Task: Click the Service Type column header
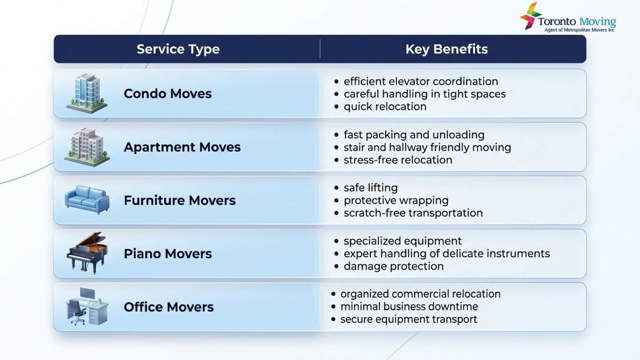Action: tap(178, 49)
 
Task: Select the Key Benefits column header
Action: tap(446, 49)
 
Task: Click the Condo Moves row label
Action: tap(168, 93)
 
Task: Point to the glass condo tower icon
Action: tap(87, 93)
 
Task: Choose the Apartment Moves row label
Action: tap(182, 147)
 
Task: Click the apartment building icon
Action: tap(87, 147)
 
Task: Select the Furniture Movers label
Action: tap(180, 200)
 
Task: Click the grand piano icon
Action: tap(87, 252)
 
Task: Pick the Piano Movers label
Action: tap(168, 254)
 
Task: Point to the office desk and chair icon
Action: tap(87, 306)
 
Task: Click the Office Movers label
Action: tap(168, 307)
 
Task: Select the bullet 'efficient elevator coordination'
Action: tap(420, 81)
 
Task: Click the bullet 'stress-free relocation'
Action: tap(398, 160)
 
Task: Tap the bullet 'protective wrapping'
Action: tap(396, 200)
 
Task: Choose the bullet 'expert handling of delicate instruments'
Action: tap(447, 254)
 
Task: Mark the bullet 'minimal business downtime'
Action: tap(409, 307)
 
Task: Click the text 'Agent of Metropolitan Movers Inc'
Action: tap(579, 30)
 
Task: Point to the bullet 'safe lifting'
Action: tap(371, 188)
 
